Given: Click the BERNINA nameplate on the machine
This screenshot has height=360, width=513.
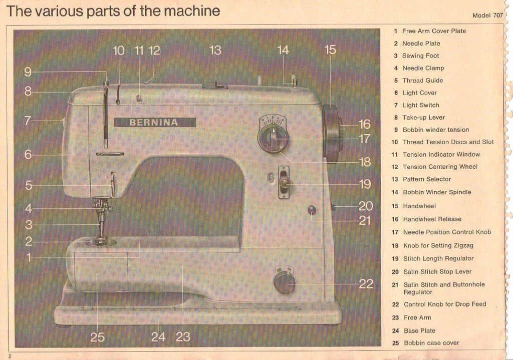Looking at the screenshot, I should [x=155, y=122].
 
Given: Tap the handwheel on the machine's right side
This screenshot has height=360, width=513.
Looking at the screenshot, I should [x=332, y=134].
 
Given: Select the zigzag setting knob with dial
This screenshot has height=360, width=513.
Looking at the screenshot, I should [x=273, y=137].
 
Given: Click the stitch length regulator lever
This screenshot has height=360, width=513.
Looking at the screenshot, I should [x=284, y=182].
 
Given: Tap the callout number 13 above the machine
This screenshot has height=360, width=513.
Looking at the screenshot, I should [x=215, y=50].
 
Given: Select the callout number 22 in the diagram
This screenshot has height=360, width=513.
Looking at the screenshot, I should [x=366, y=284].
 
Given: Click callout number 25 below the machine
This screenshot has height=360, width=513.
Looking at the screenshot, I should [x=97, y=337].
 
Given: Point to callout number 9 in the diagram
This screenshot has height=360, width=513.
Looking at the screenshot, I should [x=28, y=72].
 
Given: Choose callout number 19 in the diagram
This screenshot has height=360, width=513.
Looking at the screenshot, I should [x=365, y=184].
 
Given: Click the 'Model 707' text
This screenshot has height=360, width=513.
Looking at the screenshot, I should [x=487, y=16].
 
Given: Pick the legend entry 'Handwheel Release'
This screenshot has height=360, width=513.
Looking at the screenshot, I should [x=432, y=219].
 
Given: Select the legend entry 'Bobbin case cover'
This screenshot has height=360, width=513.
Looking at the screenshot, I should [x=431, y=343].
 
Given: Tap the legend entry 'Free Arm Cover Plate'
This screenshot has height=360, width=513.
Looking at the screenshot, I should [x=434, y=31].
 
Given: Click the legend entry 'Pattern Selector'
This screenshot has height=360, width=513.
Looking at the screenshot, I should [x=427, y=179].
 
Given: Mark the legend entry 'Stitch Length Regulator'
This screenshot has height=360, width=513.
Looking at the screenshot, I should [x=438, y=258].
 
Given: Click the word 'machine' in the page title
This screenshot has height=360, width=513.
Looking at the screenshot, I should [x=191, y=11].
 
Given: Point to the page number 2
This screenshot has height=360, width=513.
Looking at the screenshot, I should [x=9, y=356].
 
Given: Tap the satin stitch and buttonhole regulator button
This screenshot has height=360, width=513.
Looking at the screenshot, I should [x=312, y=210].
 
